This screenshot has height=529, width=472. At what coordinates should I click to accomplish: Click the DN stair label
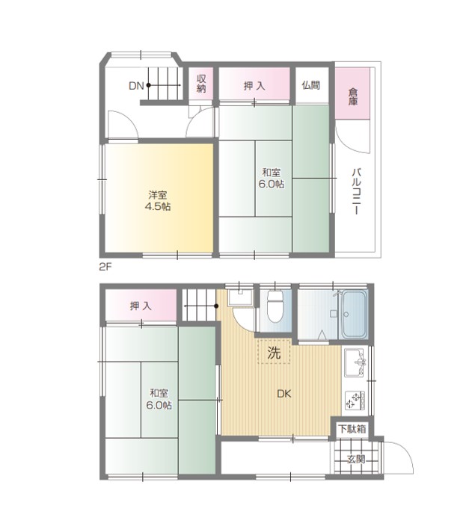click(136, 86)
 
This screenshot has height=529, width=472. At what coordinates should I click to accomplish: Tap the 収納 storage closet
click(201, 84)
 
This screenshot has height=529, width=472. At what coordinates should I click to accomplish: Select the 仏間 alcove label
click(311, 85)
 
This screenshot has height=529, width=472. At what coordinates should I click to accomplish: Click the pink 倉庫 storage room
click(352, 93)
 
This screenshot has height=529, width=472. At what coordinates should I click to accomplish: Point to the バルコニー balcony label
click(357, 191)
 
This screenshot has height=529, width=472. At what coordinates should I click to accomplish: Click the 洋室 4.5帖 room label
click(158, 201)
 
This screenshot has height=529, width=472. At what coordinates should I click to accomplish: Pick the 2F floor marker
click(105, 267)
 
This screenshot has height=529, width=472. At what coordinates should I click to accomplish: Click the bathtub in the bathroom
click(355, 315)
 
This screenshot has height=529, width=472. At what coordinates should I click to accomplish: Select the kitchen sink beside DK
click(355, 362)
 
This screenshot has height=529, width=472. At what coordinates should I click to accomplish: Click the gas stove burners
click(355, 400)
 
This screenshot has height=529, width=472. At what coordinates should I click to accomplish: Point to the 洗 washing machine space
click(274, 352)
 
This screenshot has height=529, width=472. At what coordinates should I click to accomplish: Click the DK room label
click(283, 394)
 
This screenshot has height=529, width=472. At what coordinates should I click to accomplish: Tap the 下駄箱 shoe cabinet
click(352, 429)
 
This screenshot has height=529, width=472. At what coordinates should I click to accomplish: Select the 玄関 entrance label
click(356, 460)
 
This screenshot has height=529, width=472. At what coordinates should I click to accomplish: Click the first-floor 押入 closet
click(141, 306)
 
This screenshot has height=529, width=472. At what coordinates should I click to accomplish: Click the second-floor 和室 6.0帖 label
click(272, 178)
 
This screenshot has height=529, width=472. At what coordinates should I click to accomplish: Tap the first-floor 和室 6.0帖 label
click(159, 399)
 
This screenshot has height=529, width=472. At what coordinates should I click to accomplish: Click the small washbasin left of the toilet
click(241, 297)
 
